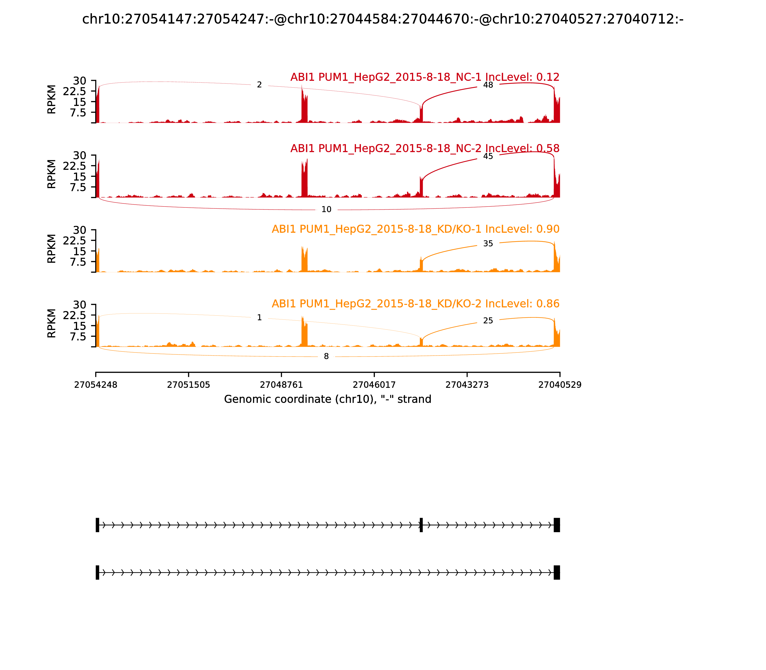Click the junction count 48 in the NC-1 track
(x=488, y=85)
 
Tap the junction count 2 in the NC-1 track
(x=259, y=85)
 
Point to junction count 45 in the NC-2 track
(x=488, y=156)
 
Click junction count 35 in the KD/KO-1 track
(x=488, y=244)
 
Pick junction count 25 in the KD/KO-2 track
(x=488, y=321)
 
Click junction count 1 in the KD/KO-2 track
(x=259, y=318)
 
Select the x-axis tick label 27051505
(x=189, y=385)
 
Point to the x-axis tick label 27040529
(x=560, y=385)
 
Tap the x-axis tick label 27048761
(x=281, y=385)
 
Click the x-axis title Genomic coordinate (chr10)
(x=328, y=399)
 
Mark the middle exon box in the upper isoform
(x=421, y=525)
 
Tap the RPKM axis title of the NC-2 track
(x=52, y=174)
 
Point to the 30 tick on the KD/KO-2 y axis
(x=79, y=305)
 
